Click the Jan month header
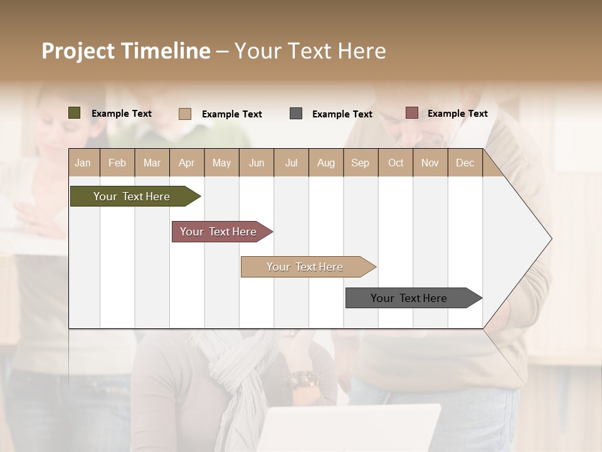pos(83,163)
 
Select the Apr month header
pos(187,163)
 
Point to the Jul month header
pos(291,163)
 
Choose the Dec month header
pos(465,163)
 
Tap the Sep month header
pos(360,163)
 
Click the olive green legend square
pos(75,113)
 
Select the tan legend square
pos(185,114)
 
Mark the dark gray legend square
pos(296,114)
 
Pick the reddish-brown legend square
pos(411,113)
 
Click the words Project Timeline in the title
pos(126,51)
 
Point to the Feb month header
pos(117,163)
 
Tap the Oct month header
pos(396,163)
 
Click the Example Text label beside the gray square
pos(342,114)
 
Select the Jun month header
pos(256,163)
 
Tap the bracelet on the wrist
pos(303,379)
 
